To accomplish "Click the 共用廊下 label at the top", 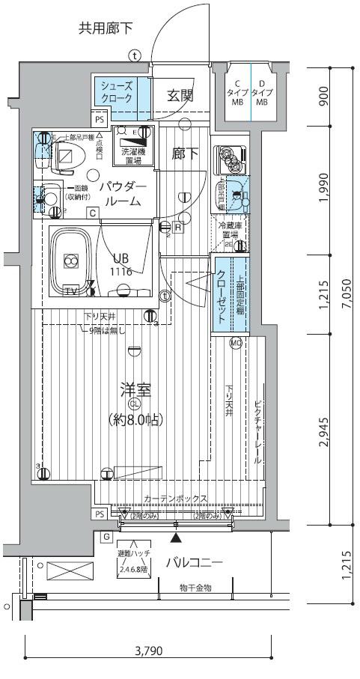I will (x=106, y=29).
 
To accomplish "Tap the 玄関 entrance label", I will (x=180, y=95).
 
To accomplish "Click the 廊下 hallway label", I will (x=185, y=154).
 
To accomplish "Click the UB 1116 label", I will (x=123, y=267).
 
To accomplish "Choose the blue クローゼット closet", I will (x=222, y=293).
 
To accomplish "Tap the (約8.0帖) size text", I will (x=136, y=421).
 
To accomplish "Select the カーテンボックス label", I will (x=171, y=498).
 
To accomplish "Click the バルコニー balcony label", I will (x=194, y=563).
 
